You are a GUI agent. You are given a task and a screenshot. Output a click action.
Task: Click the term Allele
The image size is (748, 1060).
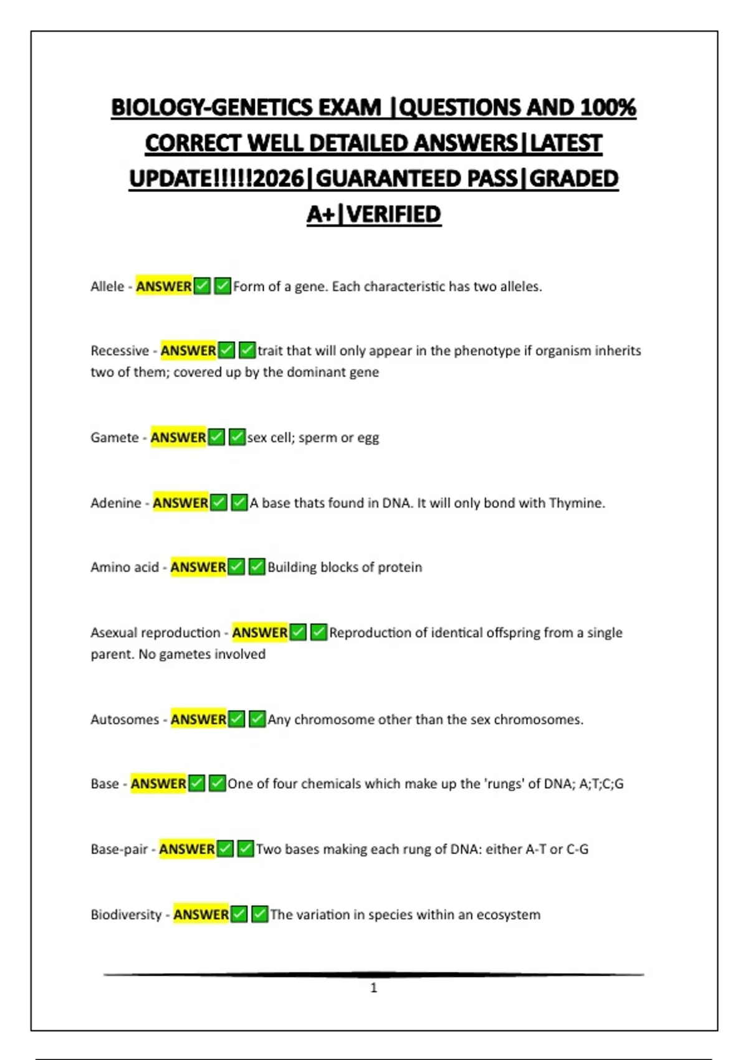(107, 287)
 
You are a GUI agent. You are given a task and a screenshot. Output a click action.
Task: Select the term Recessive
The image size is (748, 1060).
(120, 350)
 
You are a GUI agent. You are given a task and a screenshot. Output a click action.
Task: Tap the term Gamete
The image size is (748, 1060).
(115, 438)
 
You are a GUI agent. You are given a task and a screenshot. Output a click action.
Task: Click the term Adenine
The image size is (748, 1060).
(116, 503)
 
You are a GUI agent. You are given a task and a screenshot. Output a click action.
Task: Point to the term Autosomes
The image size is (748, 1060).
(125, 720)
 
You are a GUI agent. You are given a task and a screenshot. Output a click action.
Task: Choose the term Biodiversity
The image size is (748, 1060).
(126, 915)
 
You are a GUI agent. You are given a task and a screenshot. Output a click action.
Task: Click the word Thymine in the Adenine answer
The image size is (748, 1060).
(576, 503)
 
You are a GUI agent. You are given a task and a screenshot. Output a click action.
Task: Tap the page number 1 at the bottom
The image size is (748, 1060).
(374, 988)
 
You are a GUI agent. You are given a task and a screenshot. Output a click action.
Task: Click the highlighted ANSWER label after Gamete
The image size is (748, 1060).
(178, 438)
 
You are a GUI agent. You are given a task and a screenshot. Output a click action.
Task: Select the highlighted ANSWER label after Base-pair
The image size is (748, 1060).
(187, 849)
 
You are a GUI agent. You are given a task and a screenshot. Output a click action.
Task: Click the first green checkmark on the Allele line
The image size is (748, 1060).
(202, 286)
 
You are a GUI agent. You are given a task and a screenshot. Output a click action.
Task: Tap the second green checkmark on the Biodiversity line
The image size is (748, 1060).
(260, 914)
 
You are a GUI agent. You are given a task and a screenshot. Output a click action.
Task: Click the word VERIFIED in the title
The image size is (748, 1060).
(393, 214)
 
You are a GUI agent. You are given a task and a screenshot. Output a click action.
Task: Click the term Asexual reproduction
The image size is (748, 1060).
(155, 633)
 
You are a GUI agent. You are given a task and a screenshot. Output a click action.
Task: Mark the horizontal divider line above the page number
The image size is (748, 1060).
(374, 974)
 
